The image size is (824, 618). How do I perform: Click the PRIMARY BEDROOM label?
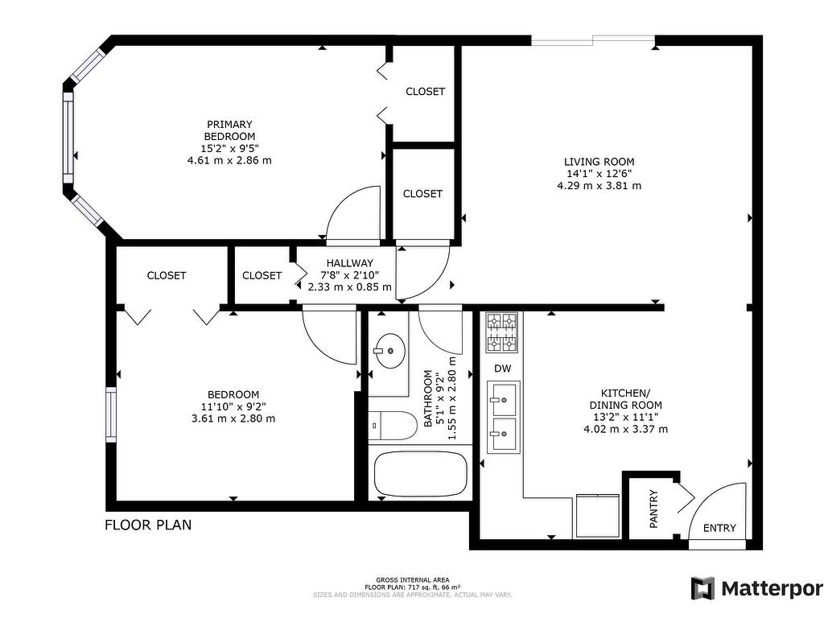[229, 130]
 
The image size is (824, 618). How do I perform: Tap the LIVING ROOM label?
[599, 162]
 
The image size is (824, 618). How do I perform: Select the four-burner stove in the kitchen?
[501, 332]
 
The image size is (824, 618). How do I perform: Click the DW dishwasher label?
[502, 369]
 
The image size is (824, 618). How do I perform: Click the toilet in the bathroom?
[392, 426]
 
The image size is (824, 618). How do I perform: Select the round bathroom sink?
[389, 350]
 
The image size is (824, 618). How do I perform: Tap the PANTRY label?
[653, 509]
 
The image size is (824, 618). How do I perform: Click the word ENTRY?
[719, 528]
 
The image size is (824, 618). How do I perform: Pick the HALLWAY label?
[349, 263]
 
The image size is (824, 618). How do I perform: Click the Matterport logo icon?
[702, 587]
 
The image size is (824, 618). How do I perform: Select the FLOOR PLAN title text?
[148, 525]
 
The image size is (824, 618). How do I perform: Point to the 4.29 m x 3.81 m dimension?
[599, 186]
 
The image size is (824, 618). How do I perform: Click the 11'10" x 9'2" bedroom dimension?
[233, 406]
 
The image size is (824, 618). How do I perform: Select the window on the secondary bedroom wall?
[111, 414]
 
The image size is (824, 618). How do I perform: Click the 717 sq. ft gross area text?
[413, 587]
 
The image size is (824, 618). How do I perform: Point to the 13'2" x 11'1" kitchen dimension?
[625, 418]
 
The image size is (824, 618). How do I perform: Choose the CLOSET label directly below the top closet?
[422, 194]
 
